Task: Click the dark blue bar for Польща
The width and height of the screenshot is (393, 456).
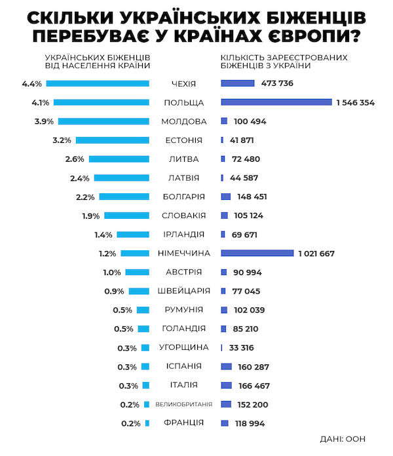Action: tap(276, 102)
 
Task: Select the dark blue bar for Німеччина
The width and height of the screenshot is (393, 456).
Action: tap(257, 253)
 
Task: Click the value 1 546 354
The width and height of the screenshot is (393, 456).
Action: tap(356, 103)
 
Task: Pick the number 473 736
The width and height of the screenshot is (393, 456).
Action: tap(276, 83)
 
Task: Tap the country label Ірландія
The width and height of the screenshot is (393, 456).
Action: tap(184, 234)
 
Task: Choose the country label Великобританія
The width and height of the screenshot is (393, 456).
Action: tap(183, 404)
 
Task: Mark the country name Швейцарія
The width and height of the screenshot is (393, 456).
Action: tap(184, 291)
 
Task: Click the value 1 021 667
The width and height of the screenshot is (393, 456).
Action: tap(316, 254)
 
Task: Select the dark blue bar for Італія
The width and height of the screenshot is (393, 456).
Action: tap(227, 385)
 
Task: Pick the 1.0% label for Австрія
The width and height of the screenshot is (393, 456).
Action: tap(113, 272)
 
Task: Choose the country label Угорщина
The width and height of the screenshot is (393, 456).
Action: tap(184, 347)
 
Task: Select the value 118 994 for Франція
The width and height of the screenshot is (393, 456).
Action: tap(247, 424)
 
